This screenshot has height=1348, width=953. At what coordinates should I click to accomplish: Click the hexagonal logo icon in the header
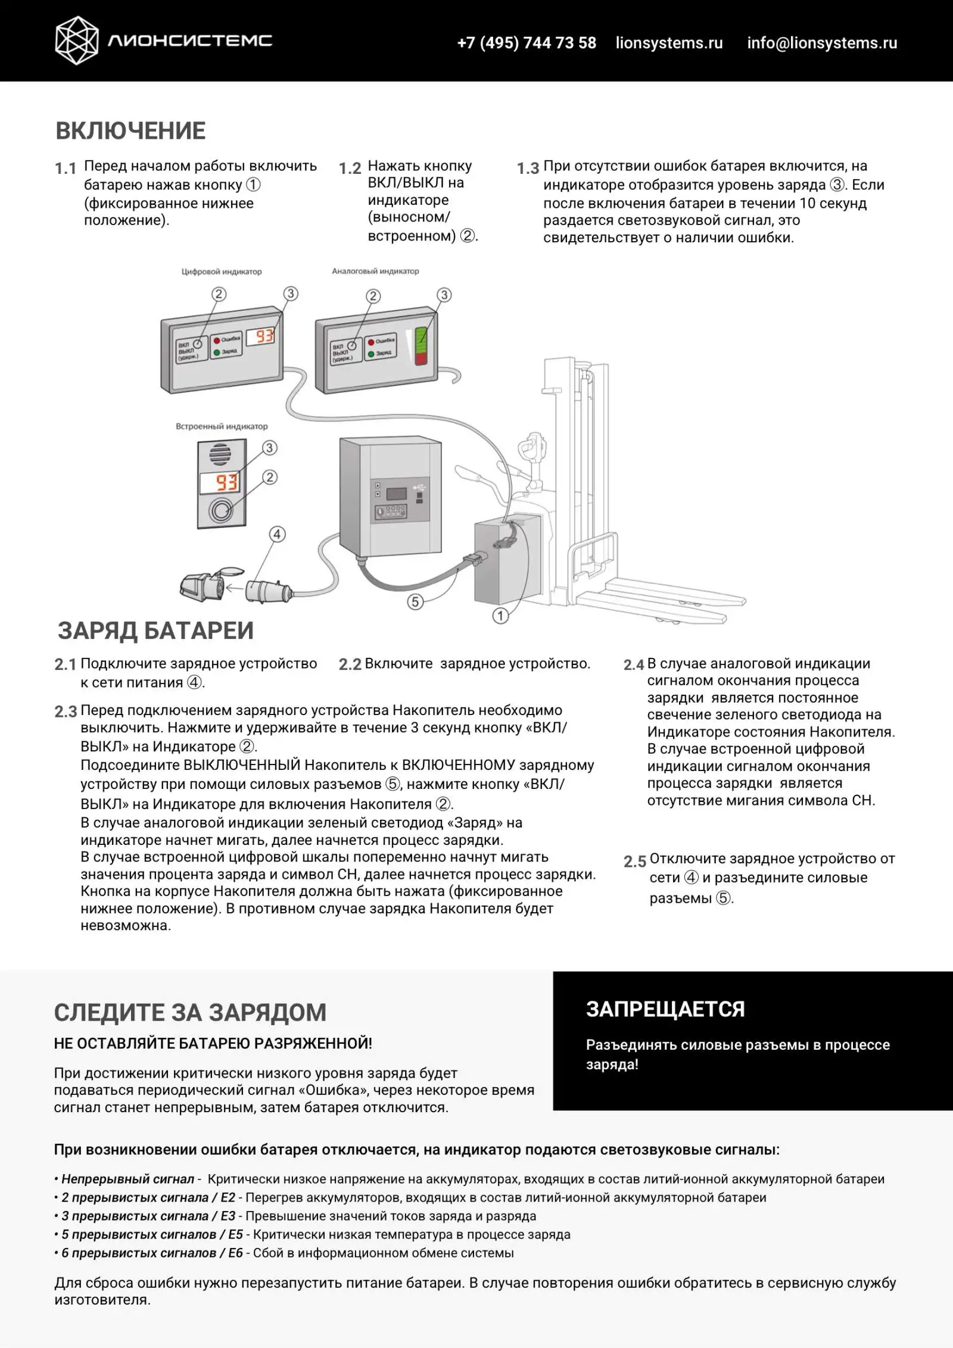[76, 40]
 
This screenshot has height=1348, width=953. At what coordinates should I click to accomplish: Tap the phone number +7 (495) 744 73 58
[526, 43]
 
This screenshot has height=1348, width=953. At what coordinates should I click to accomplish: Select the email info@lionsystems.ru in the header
[822, 43]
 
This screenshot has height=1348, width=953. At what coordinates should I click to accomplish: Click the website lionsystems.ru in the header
[669, 43]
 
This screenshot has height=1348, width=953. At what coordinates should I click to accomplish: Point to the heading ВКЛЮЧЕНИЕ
[130, 131]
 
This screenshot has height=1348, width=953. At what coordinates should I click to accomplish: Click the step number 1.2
[350, 168]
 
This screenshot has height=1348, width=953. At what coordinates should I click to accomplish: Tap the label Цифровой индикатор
[222, 272]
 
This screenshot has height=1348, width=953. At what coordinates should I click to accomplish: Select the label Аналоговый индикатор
[375, 271]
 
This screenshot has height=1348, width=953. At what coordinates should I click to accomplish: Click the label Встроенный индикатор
[222, 426]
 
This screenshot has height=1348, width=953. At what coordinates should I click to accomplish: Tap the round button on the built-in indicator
[222, 510]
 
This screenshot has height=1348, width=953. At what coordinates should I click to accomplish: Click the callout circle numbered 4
[277, 534]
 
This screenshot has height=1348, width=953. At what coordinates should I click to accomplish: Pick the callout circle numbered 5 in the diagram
[415, 601]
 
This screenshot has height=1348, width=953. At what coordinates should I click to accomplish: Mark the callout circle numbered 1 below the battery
[500, 616]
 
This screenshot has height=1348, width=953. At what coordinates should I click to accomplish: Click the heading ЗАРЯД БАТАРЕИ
[155, 631]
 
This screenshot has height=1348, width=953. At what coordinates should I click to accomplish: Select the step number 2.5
[635, 862]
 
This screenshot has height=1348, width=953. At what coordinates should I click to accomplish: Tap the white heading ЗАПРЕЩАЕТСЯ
[665, 1009]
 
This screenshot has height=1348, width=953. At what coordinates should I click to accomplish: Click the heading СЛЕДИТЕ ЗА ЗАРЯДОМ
[190, 1013]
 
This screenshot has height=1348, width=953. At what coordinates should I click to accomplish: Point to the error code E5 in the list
[235, 1234]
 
